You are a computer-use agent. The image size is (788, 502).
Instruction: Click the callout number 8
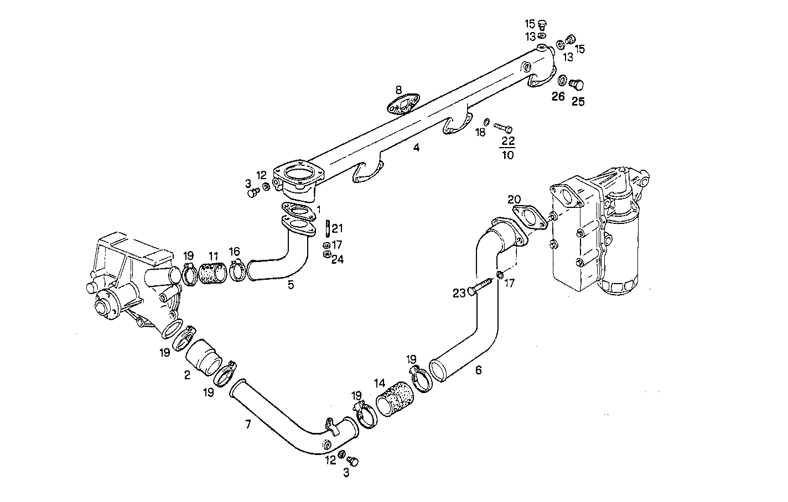coord(398,89)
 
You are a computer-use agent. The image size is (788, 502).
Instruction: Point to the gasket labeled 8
coord(403,105)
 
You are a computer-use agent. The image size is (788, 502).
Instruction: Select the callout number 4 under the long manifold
coord(416,148)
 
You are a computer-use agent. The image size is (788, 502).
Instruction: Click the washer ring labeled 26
coord(562,81)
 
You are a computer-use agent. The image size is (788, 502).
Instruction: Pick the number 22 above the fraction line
coord(507,142)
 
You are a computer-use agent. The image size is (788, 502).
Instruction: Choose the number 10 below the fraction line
coord(507,155)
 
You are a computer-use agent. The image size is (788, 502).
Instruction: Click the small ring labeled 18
coord(486,122)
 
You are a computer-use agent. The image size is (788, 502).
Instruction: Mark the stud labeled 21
coord(328,228)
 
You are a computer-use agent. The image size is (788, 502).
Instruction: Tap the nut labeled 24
coord(326,254)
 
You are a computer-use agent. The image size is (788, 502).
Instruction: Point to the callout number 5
coord(291,285)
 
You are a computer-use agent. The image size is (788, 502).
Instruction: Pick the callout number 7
coord(248,424)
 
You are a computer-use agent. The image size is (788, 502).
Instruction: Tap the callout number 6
coord(478,370)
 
